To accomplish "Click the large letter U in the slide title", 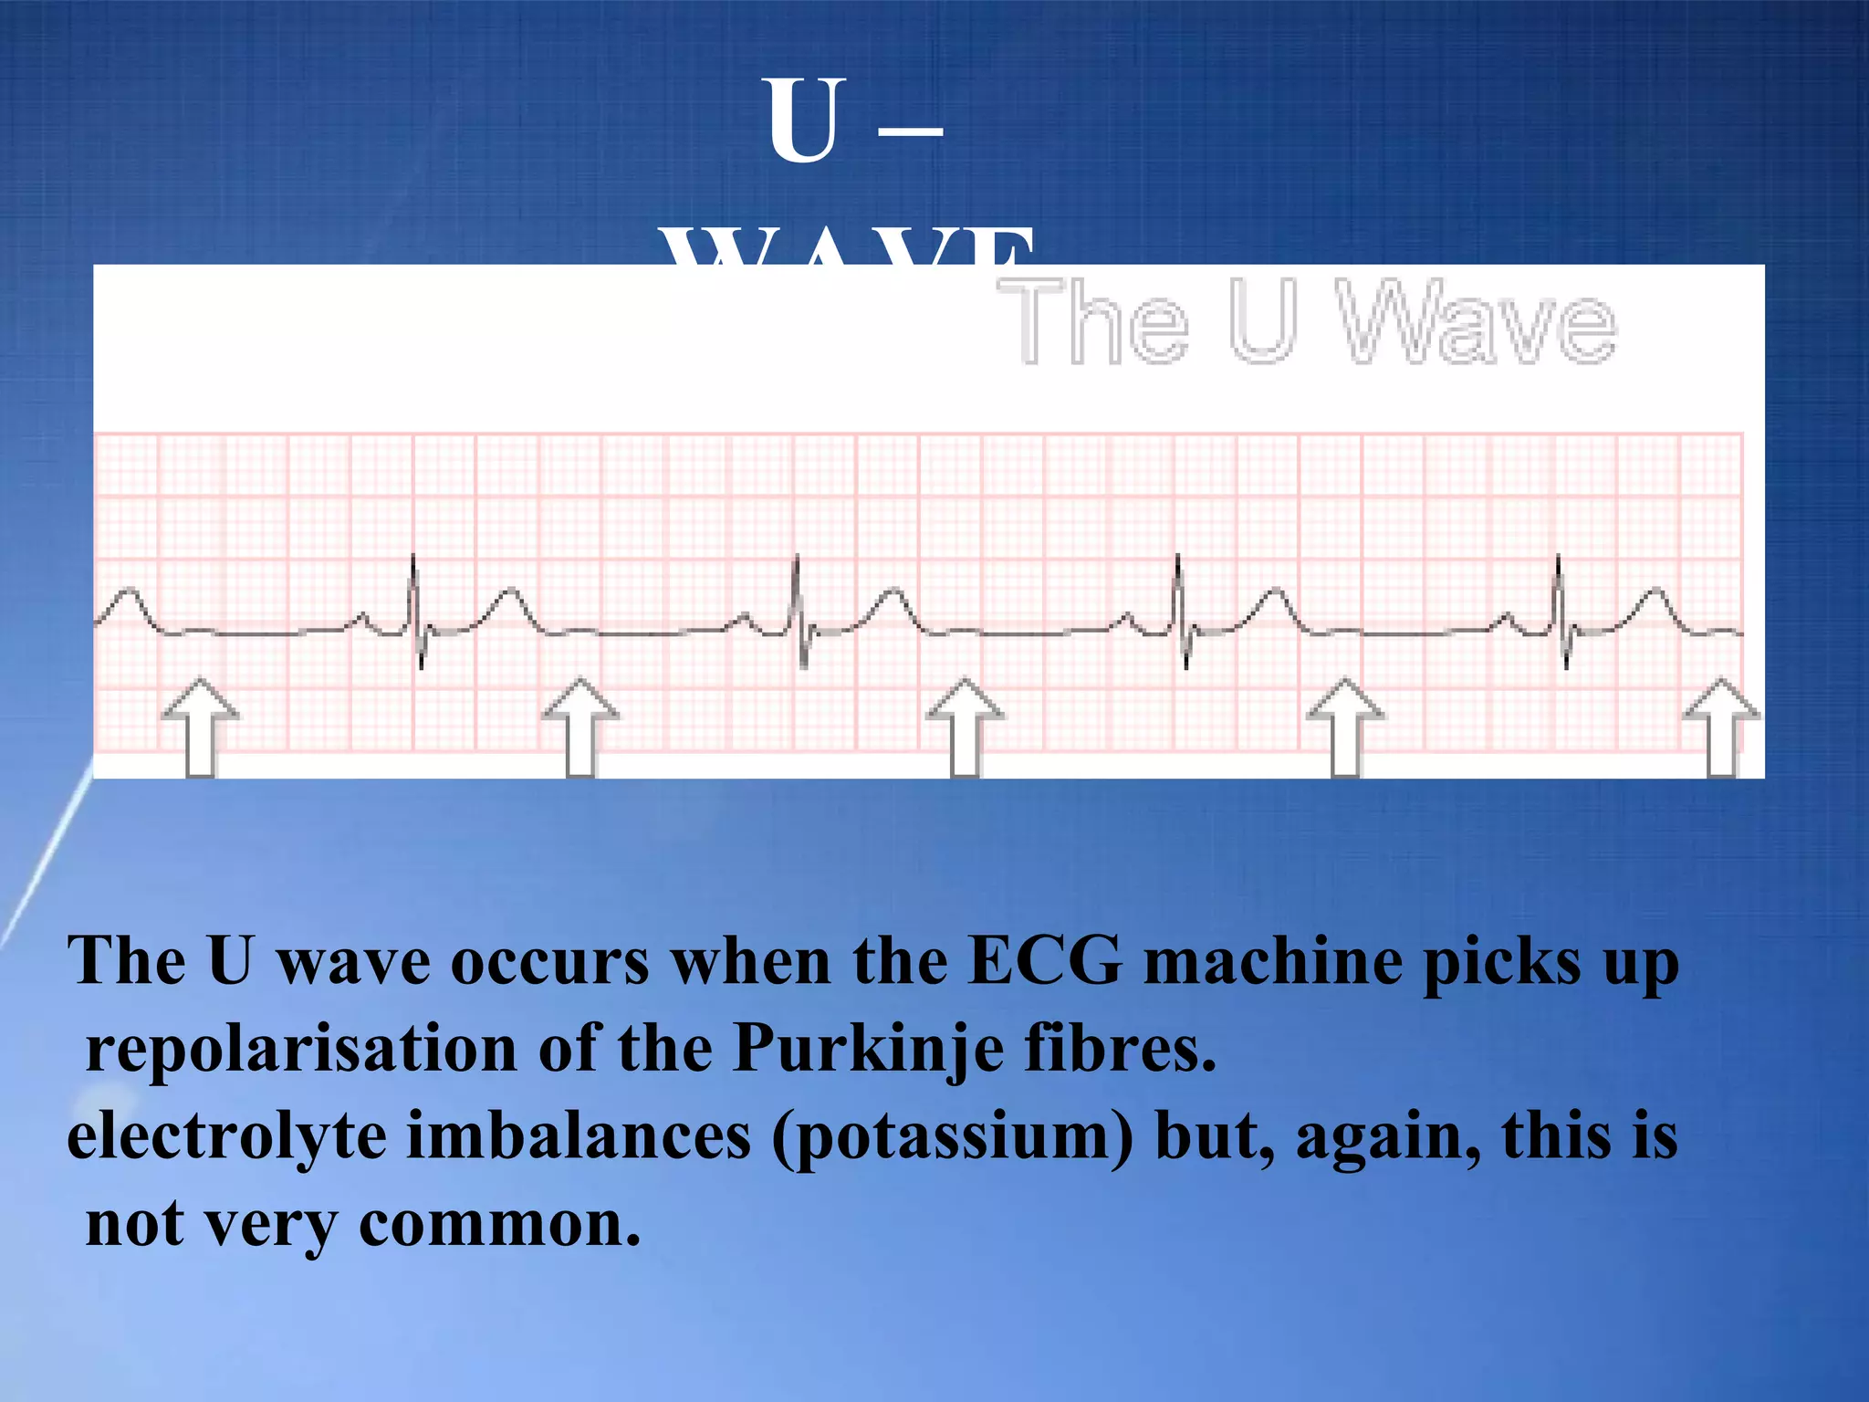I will point(803,120).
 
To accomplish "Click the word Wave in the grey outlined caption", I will point(1477,321).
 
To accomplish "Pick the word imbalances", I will point(579,1137).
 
